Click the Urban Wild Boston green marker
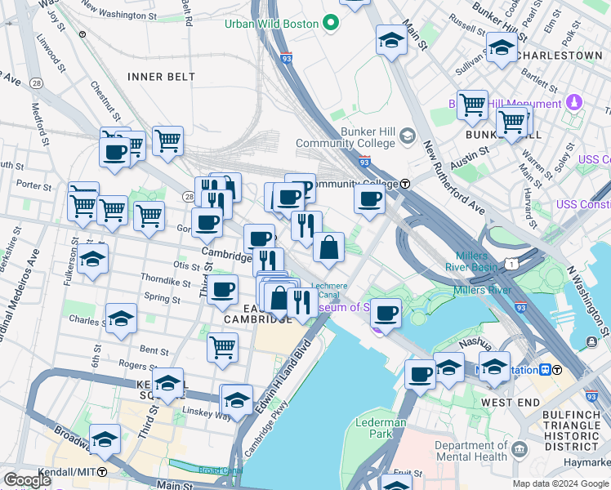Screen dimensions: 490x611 pyautogui.click(x=331, y=24)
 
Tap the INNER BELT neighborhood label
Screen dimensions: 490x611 pyautogui.click(x=161, y=77)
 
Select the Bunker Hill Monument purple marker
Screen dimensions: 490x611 pyautogui.click(x=574, y=104)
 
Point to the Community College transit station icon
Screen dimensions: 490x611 pyautogui.click(x=405, y=184)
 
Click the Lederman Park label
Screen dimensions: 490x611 pyautogui.click(x=381, y=428)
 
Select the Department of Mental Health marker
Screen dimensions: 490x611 pyautogui.click(x=520, y=448)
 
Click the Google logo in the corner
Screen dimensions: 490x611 pyautogui.click(x=26, y=480)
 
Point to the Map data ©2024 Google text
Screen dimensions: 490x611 pyautogui.click(x=560, y=483)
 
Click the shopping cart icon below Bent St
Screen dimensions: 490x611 pyautogui.click(x=222, y=346)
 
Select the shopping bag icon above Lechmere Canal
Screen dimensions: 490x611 pyautogui.click(x=328, y=247)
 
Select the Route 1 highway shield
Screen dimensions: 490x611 pyautogui.click(x=511, y=262)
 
